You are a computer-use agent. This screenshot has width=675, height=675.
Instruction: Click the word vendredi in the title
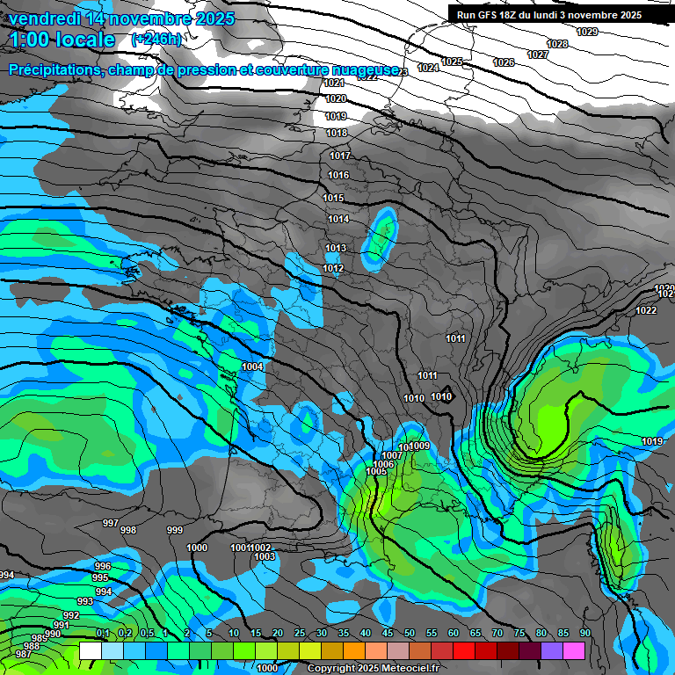(x=44, y=18)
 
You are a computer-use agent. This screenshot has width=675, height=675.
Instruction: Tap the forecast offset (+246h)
(x=156, y=39)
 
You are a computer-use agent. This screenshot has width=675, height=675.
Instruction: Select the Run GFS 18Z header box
(x=549, y=15)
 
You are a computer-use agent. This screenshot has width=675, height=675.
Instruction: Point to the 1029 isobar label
(x=587, y=32)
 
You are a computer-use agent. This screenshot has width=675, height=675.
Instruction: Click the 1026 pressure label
(x=504, y=62)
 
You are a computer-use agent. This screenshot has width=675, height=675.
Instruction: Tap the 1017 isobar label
(x=340, y=156)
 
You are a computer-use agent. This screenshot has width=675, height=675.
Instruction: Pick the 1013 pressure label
(x=337, y=248)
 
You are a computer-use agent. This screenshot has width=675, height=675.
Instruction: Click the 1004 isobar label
(x=253, y=367)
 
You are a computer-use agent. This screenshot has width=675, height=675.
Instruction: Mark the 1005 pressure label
(x=376, y=471)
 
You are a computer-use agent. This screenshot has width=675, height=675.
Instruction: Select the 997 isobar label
(x=111, y=523)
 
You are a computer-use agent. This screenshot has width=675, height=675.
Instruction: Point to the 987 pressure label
(x=24, y=654)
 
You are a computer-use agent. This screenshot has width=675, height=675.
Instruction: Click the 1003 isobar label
(x=264, y=556)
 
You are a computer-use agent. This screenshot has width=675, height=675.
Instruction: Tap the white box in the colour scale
(x=90, y=650)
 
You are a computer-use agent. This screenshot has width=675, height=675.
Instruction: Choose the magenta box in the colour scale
(x=574, y=650)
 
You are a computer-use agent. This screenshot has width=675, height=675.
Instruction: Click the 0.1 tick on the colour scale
(x=102, y=633)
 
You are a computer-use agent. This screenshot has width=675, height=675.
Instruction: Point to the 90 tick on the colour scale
(x=585, y=633)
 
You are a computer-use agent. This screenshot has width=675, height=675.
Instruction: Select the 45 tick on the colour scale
(x=388, y=633)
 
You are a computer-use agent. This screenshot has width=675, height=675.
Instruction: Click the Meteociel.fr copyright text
(x=373, y=668)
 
